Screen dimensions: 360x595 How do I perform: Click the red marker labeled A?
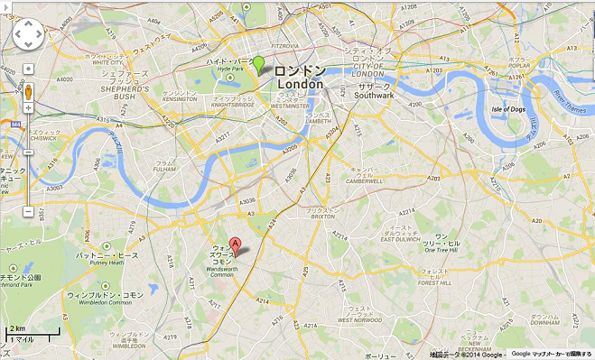click(236, 244)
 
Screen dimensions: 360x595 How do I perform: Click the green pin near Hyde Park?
click(259, 64)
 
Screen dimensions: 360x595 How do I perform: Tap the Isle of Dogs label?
click(509, 109)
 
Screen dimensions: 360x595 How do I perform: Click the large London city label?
click(299, 84)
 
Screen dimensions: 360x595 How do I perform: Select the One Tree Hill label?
click(442, 250)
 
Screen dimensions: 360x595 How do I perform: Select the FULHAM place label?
click(164, 169)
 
